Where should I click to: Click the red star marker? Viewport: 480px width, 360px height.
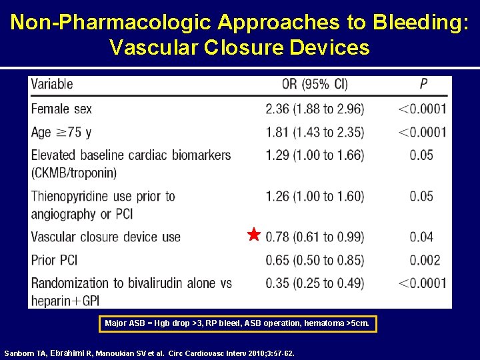click(253, 235)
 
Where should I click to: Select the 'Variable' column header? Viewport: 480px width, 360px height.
click(52, 85)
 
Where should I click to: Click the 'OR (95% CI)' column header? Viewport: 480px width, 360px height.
click(315, 85)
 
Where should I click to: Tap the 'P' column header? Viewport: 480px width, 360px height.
click(423, 85)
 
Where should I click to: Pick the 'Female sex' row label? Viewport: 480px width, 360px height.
click(61, 109)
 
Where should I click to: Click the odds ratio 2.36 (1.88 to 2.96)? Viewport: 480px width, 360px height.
click(315, 109)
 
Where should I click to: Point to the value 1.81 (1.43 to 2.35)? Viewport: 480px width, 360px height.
click(315, 132)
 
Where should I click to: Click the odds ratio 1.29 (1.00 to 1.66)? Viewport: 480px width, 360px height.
click(315, 155)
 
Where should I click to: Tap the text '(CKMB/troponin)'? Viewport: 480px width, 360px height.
click(73, 173)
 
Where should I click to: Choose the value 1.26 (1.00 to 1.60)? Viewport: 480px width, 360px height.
click(315, 197)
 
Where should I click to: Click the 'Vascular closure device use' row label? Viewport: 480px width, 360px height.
click(105, 237)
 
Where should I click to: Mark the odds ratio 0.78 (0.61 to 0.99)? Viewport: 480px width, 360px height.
click(315, 237)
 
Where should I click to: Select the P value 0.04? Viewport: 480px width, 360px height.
click(421, 237)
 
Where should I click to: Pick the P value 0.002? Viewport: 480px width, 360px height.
click(421, 260)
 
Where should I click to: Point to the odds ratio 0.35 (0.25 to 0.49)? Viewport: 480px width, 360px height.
click(315, 283)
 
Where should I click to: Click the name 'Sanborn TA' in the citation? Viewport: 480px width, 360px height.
click(25, 353)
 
